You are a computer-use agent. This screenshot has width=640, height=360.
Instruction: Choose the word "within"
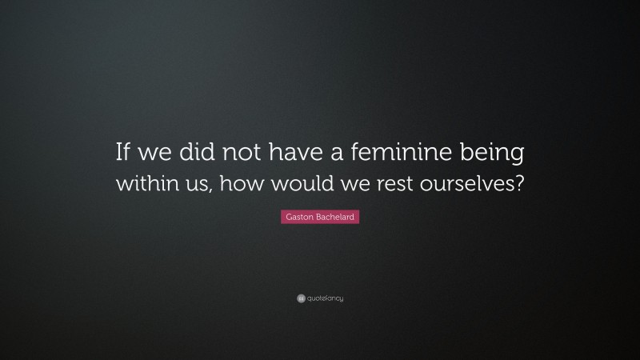(x=146, y=181)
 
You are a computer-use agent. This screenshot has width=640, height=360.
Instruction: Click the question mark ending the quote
(x=520, y=181)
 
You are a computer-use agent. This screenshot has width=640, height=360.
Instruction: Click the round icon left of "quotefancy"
(x=300, y=298)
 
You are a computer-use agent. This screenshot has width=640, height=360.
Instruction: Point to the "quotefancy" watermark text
(x=324, y=298)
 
